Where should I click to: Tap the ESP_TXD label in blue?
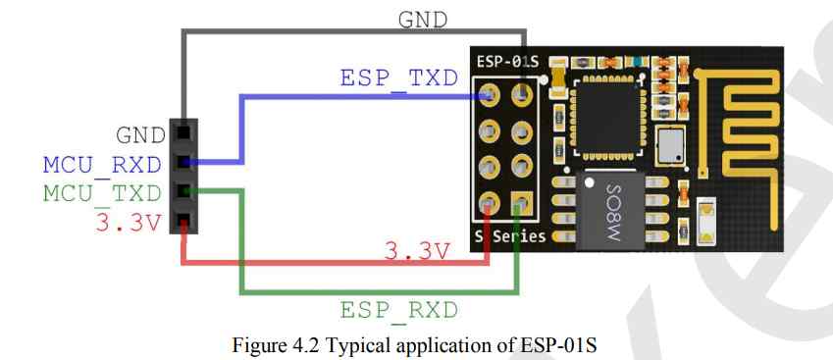click(398, 78)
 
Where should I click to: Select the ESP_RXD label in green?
click(398, 311)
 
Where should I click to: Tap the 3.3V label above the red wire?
click(415, 251)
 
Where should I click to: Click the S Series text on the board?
click(510, 236)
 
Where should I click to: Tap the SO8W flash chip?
click(610, 208)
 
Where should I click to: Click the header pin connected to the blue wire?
click(182, 161)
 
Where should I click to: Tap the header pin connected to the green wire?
click(182, 191)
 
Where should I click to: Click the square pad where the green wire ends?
click(521, 204)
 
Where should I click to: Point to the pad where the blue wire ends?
click(489, 96)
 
